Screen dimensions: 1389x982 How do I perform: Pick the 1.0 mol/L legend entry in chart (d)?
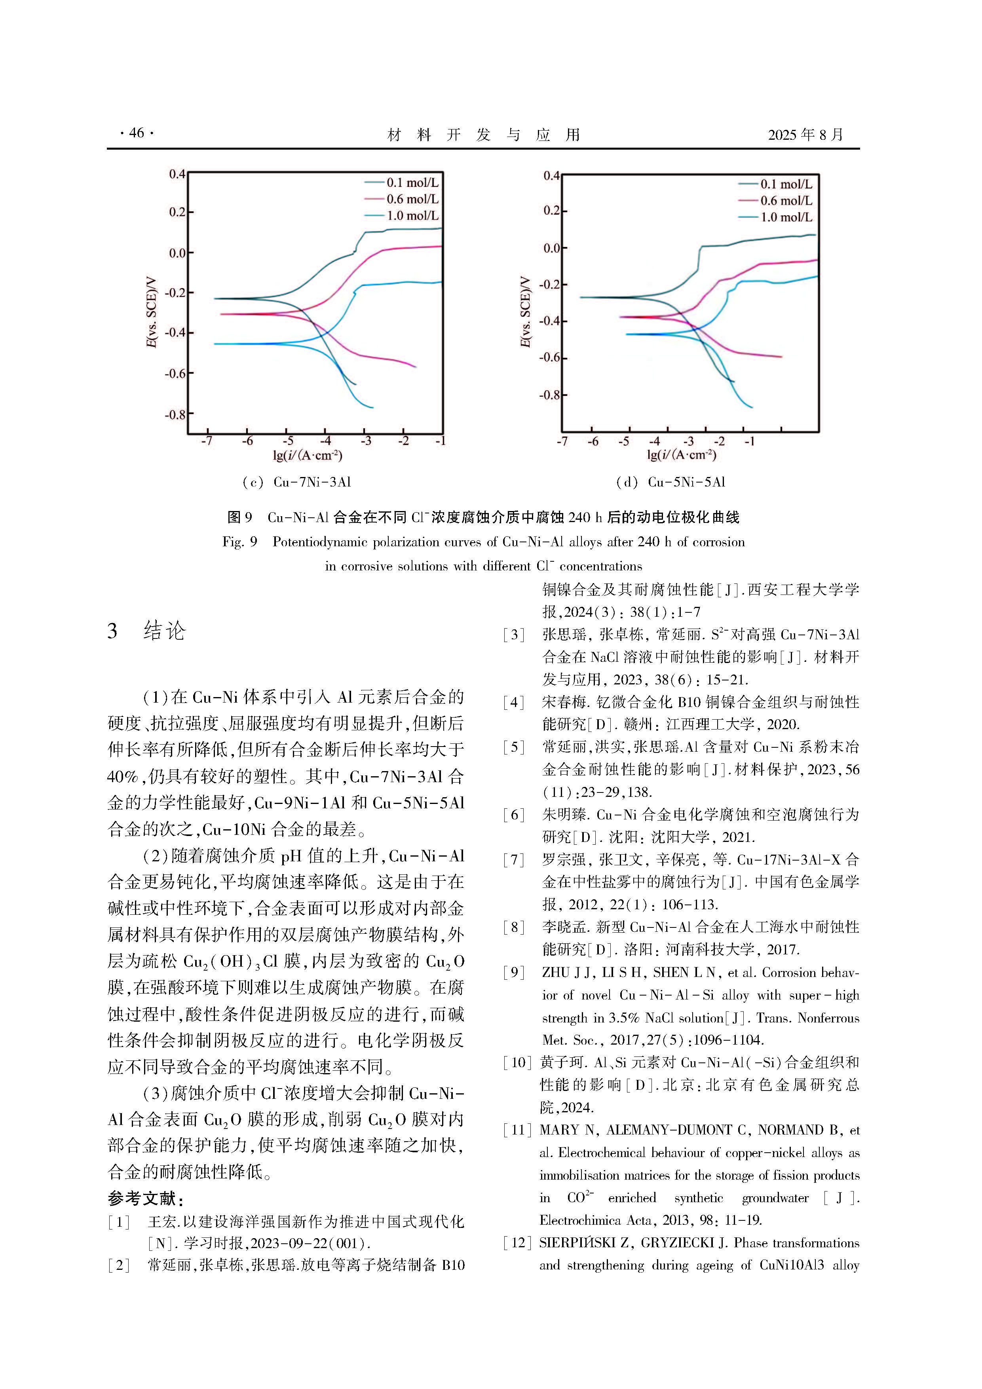click(x=786, y=217)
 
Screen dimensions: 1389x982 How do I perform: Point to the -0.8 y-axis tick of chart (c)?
click(x=175, y=415)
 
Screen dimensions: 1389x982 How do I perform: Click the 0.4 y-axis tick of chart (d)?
click(x=551, y=176)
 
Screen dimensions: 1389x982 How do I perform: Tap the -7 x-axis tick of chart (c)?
click(x=207, y=441)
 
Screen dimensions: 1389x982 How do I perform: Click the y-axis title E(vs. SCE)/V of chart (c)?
click(x=151, y=313)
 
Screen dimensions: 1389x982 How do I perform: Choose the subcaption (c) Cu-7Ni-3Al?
click(x=296, y=482)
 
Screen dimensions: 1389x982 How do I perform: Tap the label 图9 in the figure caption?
click(x=239, y=517)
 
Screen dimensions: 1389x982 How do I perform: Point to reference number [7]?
click(x=514, y=860)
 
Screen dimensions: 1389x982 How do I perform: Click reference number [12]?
click(x=516, y=1243)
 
